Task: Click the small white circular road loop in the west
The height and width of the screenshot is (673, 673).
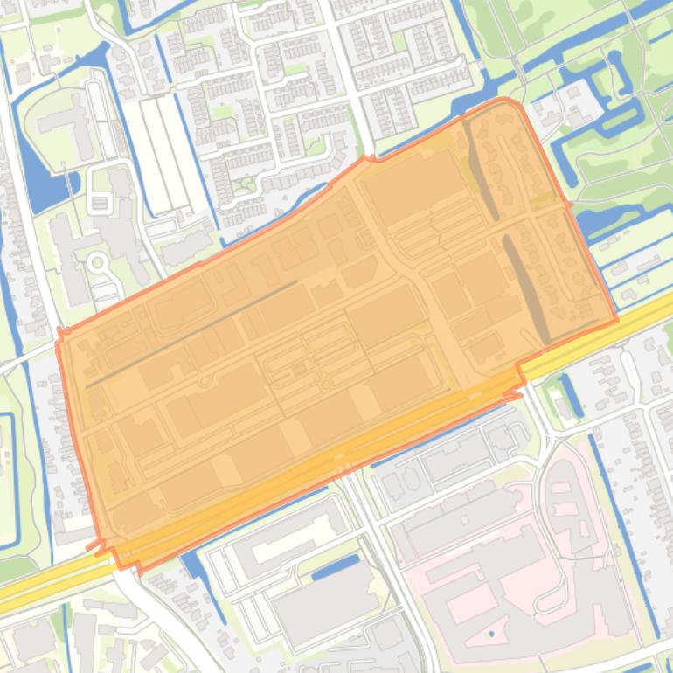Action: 98,261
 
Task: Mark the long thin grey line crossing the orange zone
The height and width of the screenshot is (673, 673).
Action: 192,333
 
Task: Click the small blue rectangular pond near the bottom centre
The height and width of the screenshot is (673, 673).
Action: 335,567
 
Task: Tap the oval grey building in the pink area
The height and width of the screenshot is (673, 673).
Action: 564,507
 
